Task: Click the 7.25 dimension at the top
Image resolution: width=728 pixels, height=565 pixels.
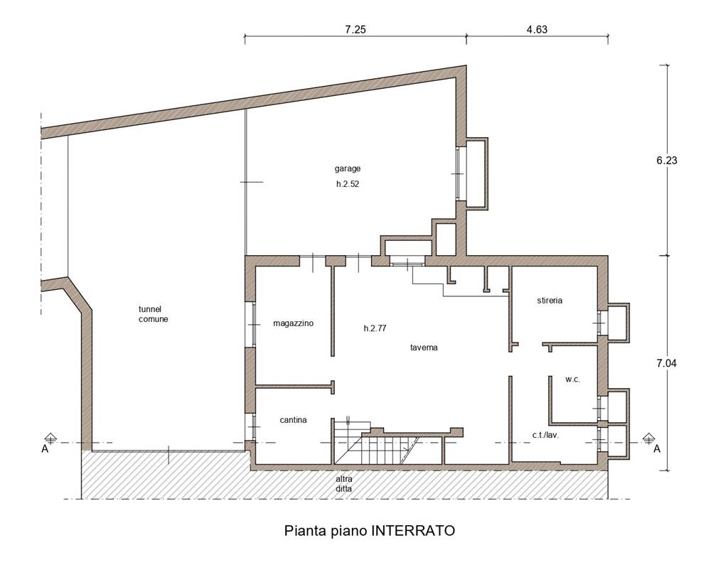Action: (x=355, y=29)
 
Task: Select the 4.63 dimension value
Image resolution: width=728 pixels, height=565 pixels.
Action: (x=537, y=29)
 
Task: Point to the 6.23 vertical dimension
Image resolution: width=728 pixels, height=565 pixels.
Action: (x=667, y=160)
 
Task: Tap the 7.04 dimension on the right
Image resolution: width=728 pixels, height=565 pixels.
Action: (x=667, y=363)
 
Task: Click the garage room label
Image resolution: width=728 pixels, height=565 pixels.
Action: (x=347, y=169)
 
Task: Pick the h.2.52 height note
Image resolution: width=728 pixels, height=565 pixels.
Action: (x=348, y=184)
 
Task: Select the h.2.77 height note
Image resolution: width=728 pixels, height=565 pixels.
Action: (x=375, y=328)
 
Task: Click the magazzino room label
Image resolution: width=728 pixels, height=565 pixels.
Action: (x=293, y=323)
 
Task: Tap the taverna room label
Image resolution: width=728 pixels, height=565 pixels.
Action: (x=424, y=348)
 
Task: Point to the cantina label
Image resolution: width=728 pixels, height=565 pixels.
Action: (x=293, y=420)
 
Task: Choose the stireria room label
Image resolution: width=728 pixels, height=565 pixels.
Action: (x=550, y=301)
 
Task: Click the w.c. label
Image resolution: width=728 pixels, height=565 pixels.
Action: (x=572, y=380)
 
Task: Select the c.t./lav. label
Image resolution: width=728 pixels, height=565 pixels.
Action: (x=545, y=435)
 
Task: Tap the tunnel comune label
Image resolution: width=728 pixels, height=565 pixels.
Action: (x=154, y=314)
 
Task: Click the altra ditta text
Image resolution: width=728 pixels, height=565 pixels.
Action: (x=344, y=484)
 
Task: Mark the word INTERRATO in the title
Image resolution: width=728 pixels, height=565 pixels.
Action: (x=412, y=531)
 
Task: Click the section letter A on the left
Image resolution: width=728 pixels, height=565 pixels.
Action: (x=45, y=449)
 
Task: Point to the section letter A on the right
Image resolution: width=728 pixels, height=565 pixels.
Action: (x=657, y=449)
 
